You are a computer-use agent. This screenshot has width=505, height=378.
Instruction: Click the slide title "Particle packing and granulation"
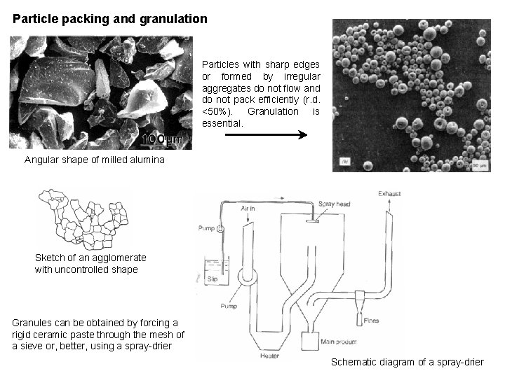[x=110, y=18]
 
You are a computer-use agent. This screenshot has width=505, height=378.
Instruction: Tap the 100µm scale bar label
[x=162, y=139]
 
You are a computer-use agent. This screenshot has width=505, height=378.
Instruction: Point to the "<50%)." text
[x=218, y=112]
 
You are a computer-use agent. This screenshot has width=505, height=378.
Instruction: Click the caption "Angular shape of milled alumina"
[x=95, y=160]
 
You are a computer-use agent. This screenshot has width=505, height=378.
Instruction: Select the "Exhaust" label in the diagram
[x=391, y=193]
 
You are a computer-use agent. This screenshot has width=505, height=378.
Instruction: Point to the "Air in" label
[x=248, y=208]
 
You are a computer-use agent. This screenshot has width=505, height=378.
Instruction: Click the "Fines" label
[x=372, y=320]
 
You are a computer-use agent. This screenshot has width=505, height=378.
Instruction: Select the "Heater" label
[x=269, y=356]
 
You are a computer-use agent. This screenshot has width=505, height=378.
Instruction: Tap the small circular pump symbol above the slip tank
[x=220, y=228]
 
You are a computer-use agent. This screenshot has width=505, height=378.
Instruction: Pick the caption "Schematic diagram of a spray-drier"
[x=407, y=362]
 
